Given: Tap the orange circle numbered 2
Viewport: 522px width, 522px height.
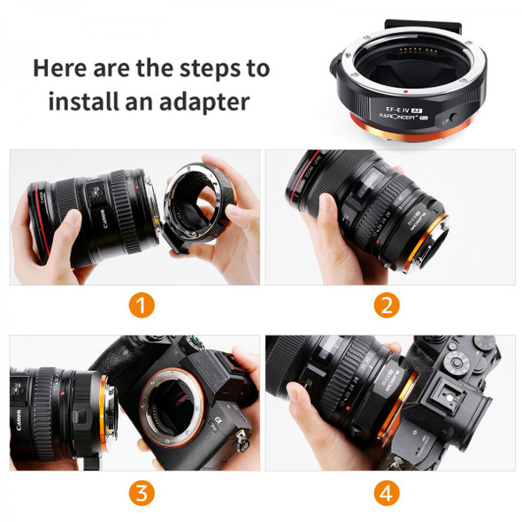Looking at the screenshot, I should coord(385,306).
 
